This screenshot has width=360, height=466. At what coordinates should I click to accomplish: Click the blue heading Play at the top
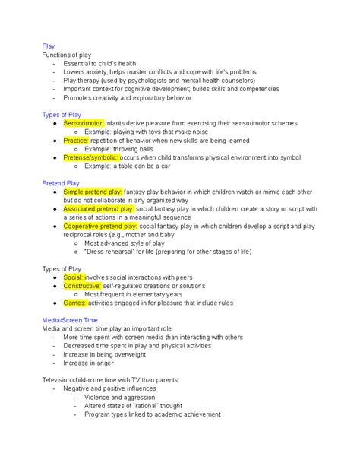[49, 46]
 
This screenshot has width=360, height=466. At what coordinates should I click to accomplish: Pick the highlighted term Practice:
[76, 141]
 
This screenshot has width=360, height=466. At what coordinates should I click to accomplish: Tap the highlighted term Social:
[74, 278]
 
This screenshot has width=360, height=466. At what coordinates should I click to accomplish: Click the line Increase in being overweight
[109, 354]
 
